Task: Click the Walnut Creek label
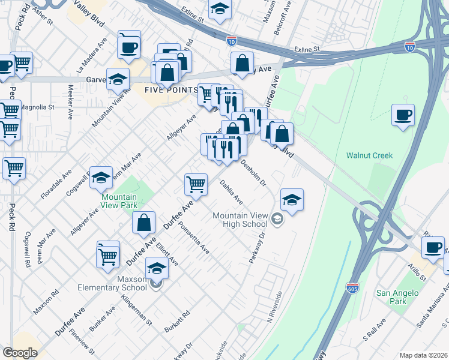369,155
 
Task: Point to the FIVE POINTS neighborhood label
170,90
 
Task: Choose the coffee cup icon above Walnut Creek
403,115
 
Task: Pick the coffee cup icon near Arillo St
432,247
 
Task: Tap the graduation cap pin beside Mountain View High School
292,200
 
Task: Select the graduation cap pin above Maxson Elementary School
157,268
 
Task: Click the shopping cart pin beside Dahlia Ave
196,184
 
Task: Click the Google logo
20,353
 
